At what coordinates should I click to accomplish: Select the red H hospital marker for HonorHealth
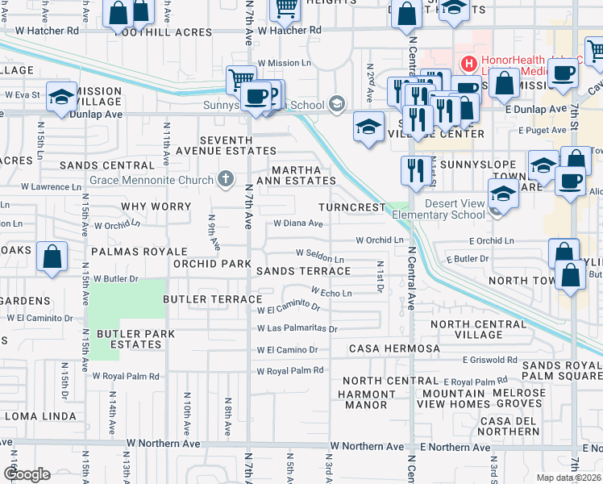468,62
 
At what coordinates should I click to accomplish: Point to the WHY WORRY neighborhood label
156,207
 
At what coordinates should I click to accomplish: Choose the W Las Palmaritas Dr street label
297,329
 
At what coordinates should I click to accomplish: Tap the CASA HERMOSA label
393,348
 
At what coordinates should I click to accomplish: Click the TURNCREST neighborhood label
352,207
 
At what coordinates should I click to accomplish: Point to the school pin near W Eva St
60,98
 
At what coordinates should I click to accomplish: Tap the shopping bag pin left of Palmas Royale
52,257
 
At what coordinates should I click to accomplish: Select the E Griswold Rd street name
489,360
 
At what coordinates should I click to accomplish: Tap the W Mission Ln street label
284,62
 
